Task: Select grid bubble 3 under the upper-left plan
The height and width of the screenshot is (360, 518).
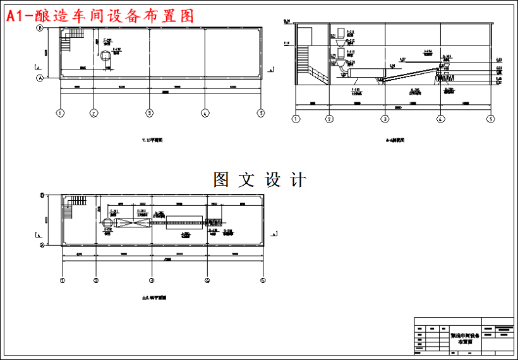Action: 149,113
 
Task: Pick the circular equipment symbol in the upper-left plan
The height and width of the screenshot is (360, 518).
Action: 105,56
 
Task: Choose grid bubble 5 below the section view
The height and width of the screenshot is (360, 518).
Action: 490,118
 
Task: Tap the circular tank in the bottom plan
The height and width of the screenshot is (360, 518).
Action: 105,222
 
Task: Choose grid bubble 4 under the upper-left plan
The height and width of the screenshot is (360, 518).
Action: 205,113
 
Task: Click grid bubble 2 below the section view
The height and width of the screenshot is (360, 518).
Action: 329,118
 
